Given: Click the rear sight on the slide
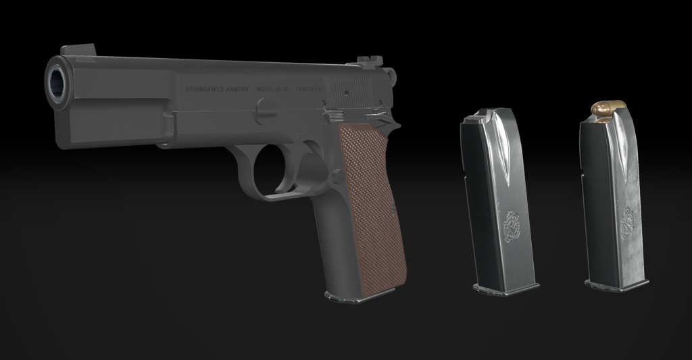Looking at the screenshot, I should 366,62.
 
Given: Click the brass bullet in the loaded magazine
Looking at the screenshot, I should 606,109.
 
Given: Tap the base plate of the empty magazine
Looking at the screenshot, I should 506,288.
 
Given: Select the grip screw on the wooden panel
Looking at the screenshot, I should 392,206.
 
